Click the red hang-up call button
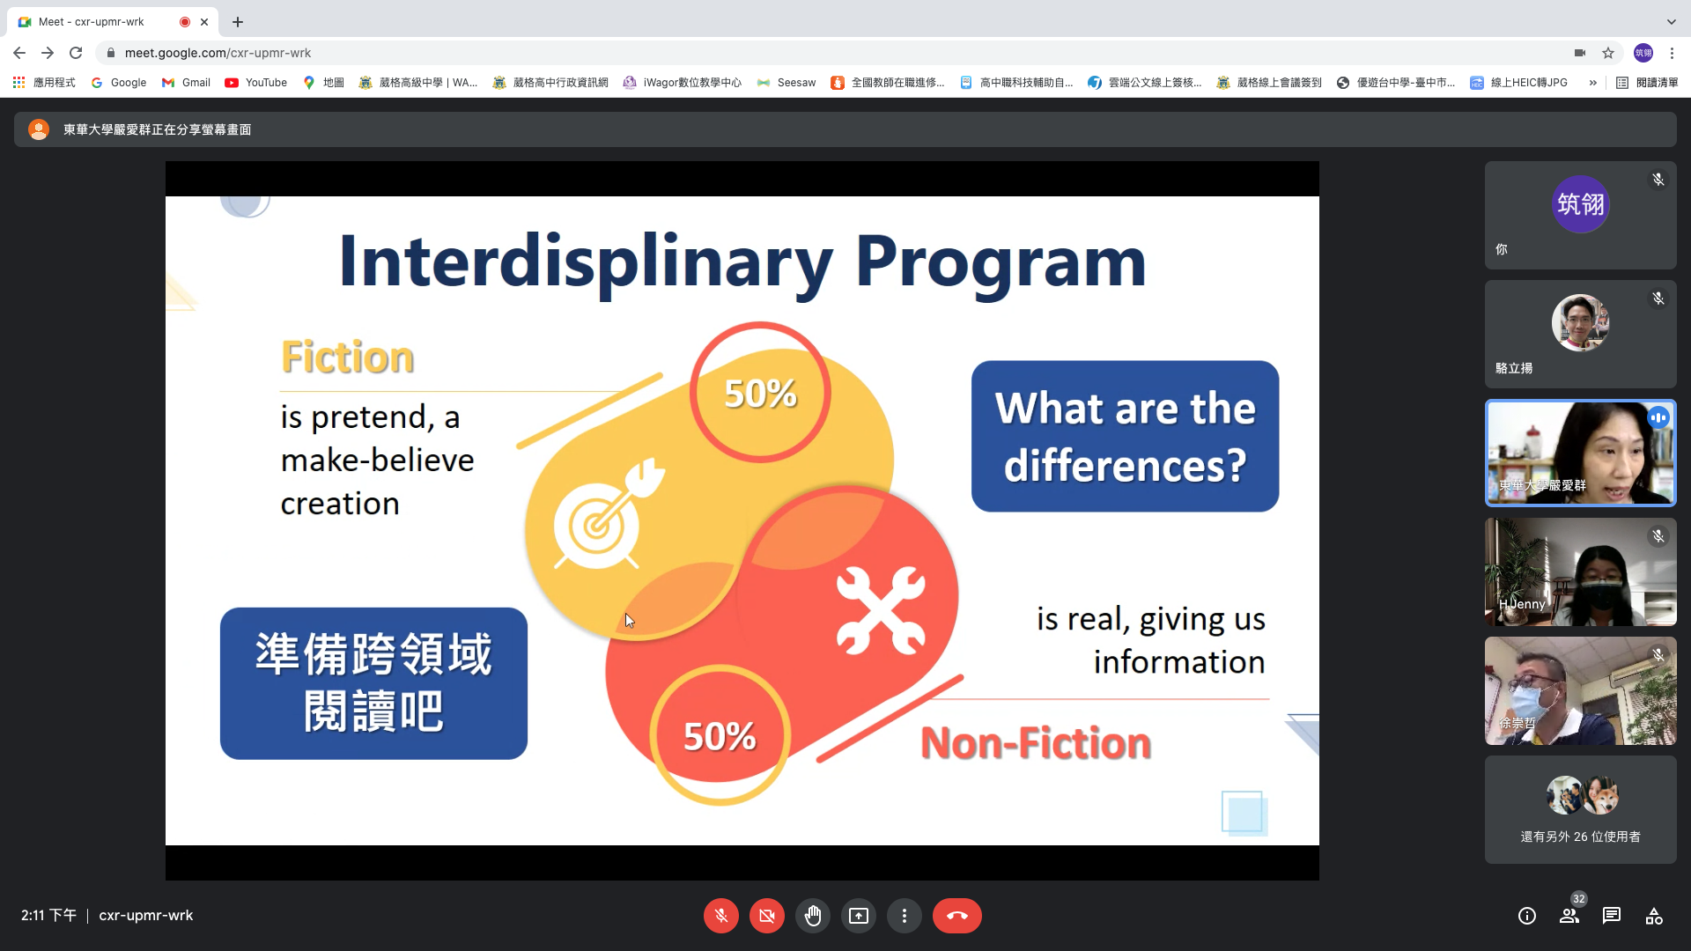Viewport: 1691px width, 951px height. click(x=956, y=916)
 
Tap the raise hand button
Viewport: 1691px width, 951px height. click(x=813, y=916)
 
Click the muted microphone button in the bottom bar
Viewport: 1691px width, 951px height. click(x=721, y=916)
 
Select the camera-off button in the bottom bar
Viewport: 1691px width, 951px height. click(x=767, y=916)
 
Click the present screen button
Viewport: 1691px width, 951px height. click(x=859, y=916)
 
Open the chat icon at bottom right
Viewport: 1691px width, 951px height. click(x=1612, y=916)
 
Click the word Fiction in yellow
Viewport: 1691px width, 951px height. click(x=348, y=358)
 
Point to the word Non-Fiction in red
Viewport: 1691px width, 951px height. click(x=1036, y=743)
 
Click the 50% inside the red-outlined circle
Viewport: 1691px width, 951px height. click(x=760, y=394)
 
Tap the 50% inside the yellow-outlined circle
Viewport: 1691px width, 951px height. click(x=720, y=737)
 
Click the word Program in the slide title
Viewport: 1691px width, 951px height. click(x=1001, y=262)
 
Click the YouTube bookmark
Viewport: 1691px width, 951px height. click(x=256, y=83)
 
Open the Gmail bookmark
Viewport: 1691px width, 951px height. click(x=186, y=83)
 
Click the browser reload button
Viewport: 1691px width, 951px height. click(x=76, y=53)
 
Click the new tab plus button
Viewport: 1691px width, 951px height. click(x=238, y=22)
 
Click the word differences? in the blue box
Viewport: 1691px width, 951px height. click(x=1125, y=465)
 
